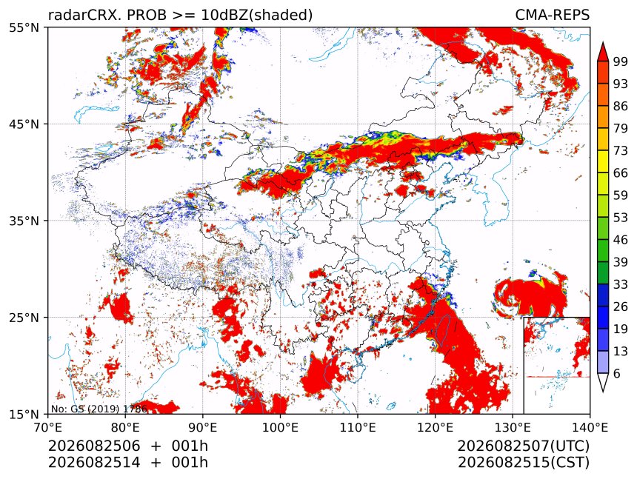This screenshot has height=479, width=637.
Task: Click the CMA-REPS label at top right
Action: (552, 15)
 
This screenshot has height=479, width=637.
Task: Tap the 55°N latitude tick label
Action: (24, 27)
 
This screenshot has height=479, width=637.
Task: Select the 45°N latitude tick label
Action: (24, 124)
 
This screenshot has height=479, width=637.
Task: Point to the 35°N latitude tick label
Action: (24, 221)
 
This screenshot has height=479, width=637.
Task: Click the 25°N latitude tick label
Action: (24, 317)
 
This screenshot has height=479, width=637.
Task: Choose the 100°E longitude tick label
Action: (280, 427)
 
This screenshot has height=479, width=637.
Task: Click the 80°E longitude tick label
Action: (125, 427)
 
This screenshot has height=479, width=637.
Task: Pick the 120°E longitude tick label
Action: (435, 427)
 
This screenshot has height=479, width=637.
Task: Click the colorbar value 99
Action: (621, 61)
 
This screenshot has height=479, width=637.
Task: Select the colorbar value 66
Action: (621, 173)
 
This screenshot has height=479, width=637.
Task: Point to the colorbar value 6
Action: (617, 373)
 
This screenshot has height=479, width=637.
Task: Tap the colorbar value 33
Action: (621, 284)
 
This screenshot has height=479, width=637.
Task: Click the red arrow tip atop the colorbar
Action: (602, 42)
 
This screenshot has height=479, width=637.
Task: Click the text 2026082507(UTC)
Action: (523, 446)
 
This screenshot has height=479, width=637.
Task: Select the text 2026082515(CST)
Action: (523, 463)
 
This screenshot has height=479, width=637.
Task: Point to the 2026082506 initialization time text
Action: (94, 446)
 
